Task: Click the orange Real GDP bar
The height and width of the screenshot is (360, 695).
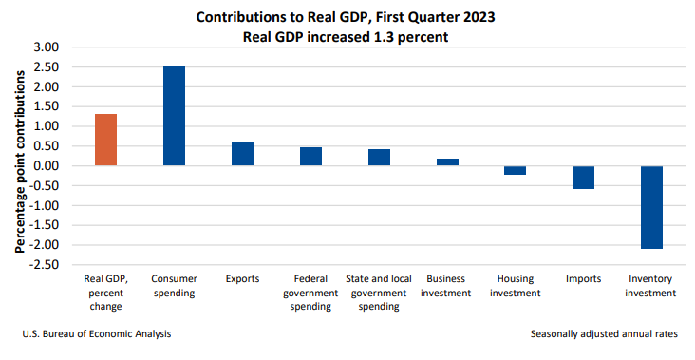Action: pyautogui.click(x=106, y=140)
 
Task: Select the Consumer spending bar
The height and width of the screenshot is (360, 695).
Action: pyautogui.click(x=175, y=116)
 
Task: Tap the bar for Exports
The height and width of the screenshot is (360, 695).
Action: pyautogui.click(x=242, y=154)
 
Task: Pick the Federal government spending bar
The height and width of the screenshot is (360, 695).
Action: pyautogui.click(x=310, y=157)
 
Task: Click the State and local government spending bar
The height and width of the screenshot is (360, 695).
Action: pyautogui.click(x=379, y=158)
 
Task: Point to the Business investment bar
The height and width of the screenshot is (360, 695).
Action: pyautogui.click(x=447, y=162)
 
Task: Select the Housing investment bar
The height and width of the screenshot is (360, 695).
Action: pyautogui.click(x=516, y=170)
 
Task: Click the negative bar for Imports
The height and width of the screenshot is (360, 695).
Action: pyautogui.click(x=583, y=178)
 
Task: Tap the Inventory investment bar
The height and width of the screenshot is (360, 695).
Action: pyautogui.click(x=651, y=207)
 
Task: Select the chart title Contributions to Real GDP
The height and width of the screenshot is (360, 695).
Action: pyautogui.click(x=347, y=17)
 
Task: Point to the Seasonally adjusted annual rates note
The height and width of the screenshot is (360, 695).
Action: pyautogui.click(x=605, y=334)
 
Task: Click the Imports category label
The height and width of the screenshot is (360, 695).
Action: pyautogui.click(x=583, y=279)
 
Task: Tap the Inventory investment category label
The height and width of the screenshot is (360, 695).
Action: pyautogui.click(x=651, y=286)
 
